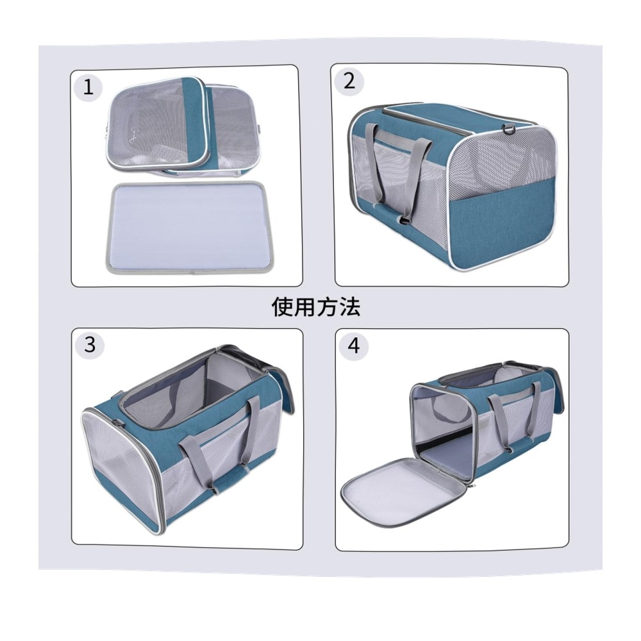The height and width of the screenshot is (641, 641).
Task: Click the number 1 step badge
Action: tap(88, 87)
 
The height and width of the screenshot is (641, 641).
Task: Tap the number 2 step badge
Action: tap(349, 81)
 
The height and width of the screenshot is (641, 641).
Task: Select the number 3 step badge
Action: tap(89, 344)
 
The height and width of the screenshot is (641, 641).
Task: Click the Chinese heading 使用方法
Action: tap(316, 307)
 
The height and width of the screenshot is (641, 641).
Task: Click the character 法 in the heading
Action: tap(349, 307)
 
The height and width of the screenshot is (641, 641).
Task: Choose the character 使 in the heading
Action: tap(283, 307)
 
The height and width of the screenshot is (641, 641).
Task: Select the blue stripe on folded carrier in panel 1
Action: tap(195, 123)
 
